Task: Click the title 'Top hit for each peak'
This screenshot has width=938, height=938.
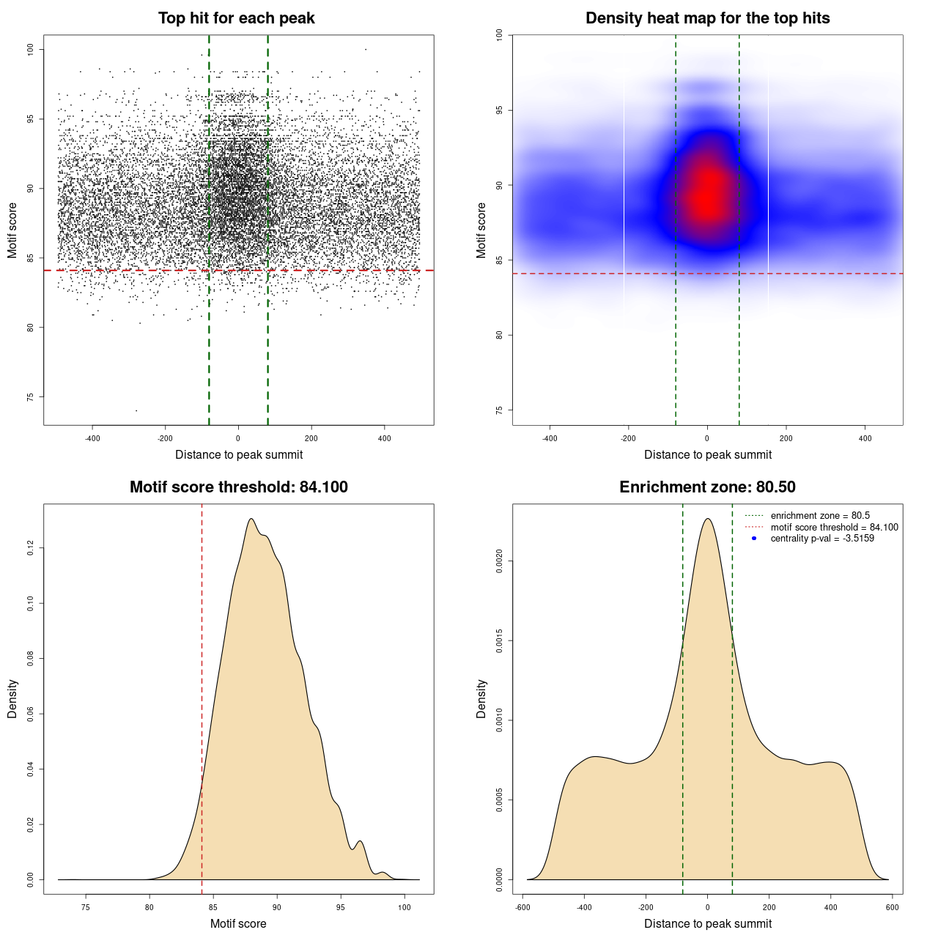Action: (237, 18)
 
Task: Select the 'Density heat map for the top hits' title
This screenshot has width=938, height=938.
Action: (707, 18)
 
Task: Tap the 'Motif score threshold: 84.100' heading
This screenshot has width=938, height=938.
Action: (238, 487)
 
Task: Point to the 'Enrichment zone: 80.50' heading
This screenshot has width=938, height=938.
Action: (707, 487)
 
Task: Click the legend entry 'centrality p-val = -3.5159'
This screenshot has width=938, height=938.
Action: (822, 539)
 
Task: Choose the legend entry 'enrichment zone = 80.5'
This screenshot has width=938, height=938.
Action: (820, 516)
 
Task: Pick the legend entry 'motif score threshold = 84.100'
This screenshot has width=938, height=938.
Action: (834, 527)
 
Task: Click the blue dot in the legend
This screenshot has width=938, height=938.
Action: (754, 539)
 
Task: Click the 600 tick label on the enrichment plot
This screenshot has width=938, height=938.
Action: (892, 907)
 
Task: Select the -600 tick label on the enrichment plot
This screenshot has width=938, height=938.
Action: (522, 907)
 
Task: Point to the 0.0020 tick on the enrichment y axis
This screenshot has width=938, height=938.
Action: (499, 562)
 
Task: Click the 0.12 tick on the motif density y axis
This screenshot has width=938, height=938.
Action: (30, 548)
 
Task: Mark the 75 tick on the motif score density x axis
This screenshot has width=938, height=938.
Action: (86, 907)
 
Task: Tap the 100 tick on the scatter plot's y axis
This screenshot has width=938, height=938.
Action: (30, 49)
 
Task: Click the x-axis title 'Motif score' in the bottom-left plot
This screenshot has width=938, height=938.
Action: (238, 923)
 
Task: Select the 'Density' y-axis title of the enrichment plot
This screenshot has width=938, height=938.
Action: (481, 698)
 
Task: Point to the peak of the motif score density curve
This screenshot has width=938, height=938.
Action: (251, 519)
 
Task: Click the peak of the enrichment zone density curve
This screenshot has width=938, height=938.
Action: (707, 519)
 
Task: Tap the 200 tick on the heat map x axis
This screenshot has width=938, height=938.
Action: (786, 438)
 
